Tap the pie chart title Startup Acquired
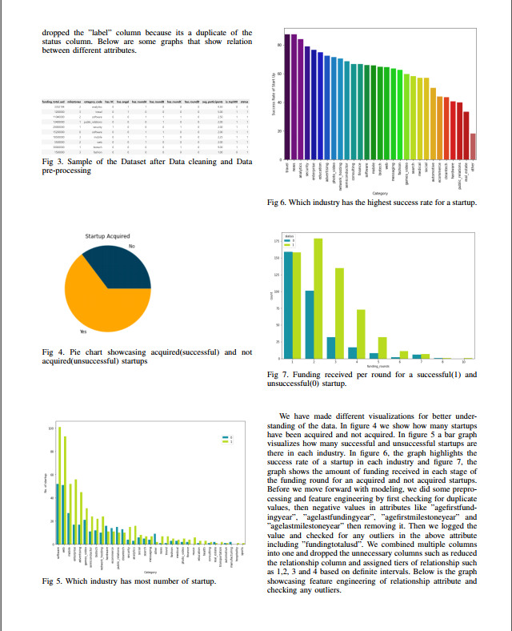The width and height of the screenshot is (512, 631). (108, 236)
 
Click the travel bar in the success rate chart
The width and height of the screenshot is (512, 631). (287, 96)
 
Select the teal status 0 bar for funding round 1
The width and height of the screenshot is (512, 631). (288, 305)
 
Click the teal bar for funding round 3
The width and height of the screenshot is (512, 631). (331, 348)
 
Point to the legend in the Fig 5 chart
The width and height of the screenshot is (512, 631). (226, 440)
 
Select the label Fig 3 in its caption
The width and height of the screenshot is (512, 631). (51, 161)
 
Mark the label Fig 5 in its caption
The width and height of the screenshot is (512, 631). (51, 581)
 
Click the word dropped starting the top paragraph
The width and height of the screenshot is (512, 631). (56, 32)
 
